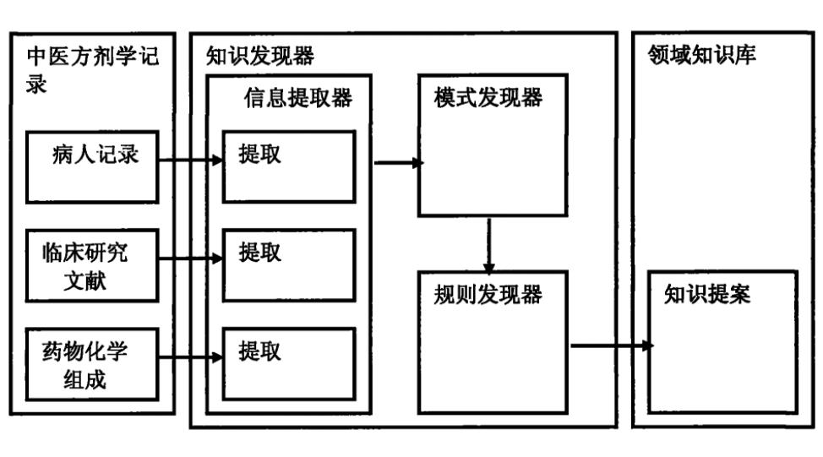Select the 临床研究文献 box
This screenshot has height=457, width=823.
92,264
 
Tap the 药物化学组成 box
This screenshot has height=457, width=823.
92,364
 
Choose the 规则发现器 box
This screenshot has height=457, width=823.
493,341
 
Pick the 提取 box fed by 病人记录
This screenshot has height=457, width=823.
288,166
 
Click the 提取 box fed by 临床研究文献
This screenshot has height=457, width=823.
288,263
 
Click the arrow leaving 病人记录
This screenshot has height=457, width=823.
191,159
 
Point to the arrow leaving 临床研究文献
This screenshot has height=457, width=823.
191,258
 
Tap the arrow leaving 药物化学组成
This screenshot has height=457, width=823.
191,359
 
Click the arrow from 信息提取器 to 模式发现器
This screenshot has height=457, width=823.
397,160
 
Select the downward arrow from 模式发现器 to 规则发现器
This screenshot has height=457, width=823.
489,242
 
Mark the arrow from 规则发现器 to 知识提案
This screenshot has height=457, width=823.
611,345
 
